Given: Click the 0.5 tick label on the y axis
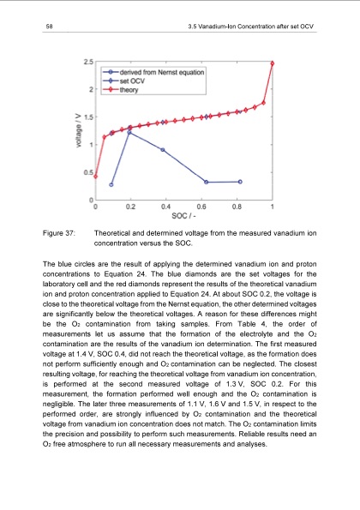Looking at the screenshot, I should pos(87,172).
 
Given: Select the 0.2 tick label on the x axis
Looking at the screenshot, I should pos(130,207).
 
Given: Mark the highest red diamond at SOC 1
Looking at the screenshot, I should pos(273,63).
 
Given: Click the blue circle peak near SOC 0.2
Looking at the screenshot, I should pos(129,133).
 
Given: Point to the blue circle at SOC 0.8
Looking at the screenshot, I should pos(240,182).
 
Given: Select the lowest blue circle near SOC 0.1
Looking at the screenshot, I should pos(111,184).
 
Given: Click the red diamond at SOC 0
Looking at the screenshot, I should pos(95,177).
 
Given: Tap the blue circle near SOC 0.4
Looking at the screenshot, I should pos(163,150).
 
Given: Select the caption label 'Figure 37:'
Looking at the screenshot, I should pos(58,232).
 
